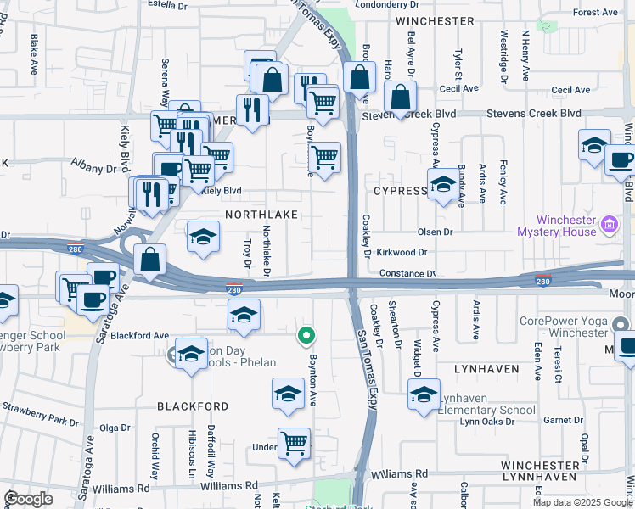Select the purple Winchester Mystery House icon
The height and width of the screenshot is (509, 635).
[x=608, y=225]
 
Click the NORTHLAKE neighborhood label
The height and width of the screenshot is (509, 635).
[x=261, y=215]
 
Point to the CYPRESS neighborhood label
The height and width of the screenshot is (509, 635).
[x=399, y=191]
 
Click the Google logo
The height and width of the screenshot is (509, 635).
[x=28, y=498]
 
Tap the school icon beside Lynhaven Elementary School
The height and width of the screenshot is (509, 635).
[x=424, y=394]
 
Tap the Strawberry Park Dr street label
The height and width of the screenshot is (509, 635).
[x=40, y=420]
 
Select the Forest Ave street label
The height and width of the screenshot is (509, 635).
[x=595, y=13]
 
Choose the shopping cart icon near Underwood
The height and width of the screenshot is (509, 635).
[x=294, y=442]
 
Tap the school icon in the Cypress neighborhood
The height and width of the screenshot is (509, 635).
[x=441, y=184]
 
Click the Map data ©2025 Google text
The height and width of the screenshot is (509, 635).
[x=582, y=502]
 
